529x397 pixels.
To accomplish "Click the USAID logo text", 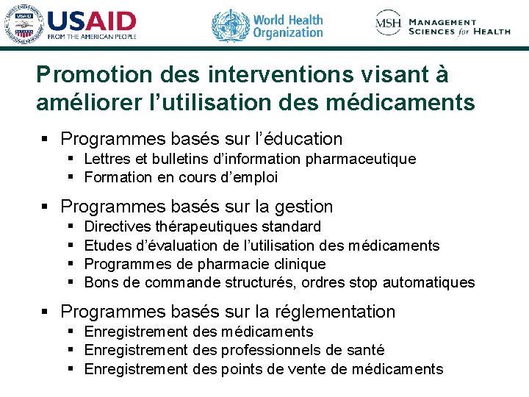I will pos(92,21).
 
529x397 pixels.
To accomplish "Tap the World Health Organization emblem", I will pos(230,25).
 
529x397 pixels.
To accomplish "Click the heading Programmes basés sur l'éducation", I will pos(201,138).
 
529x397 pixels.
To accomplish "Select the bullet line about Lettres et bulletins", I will pos(250,159).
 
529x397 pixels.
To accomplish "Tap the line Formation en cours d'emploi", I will pos(181,177).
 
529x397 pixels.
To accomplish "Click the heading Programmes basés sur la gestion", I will pos(197,207).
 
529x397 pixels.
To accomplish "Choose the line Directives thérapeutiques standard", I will pos(203,226).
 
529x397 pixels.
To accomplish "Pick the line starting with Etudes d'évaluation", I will pos(262,246).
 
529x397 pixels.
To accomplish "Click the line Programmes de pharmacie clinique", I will pos(205,264).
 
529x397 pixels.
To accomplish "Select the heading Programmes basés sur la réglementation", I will pos(228,312).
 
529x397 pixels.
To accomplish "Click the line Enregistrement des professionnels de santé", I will pos(234,351).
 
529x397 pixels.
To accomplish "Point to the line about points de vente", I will pos(264,369).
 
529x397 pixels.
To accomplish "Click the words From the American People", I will pos(92,37).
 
